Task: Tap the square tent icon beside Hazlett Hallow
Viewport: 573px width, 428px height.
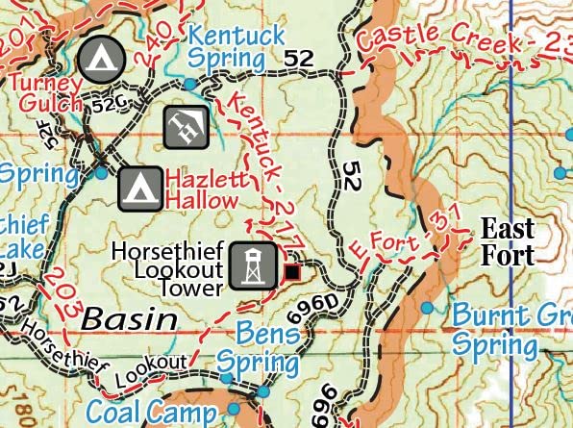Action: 139,189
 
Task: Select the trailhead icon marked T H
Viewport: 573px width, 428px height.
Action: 183,127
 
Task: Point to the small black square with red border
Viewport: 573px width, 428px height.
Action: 291,273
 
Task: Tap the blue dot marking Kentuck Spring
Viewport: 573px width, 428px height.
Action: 190,85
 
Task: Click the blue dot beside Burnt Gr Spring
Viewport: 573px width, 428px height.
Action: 427,308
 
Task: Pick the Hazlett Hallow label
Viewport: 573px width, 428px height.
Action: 202,189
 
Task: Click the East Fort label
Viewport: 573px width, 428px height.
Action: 507,241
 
